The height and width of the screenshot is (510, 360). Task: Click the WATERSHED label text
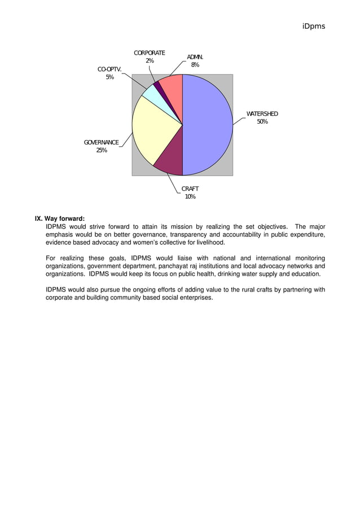click(x=262, y=114)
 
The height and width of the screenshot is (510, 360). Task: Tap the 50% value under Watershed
click(x=262, y=122)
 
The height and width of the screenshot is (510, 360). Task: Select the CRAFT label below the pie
click(x=190, y=189)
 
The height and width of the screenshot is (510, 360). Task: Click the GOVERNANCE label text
click(x=101, y=142)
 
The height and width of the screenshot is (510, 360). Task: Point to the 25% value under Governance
click(x=101, y=150)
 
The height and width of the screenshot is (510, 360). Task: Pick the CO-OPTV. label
click(x=109, y=69)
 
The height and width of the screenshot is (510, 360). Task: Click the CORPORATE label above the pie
click(x=150, y=53)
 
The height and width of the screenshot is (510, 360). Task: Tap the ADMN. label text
click(x=195, y=57)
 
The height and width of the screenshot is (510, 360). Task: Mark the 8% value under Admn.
click(x=195, y=65)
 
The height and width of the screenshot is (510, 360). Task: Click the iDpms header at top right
click(x=314, y=26)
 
